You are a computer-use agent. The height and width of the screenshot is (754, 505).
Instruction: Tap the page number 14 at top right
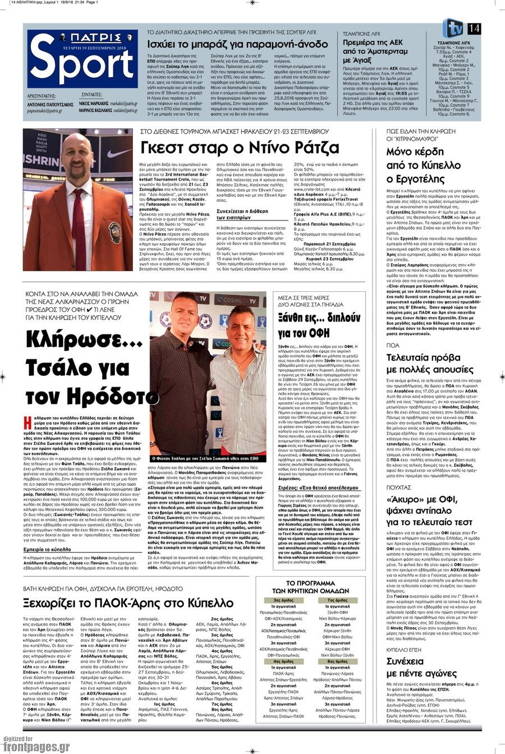coord(474,28)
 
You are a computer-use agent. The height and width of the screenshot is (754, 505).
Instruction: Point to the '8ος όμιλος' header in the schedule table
coord(338,661)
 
